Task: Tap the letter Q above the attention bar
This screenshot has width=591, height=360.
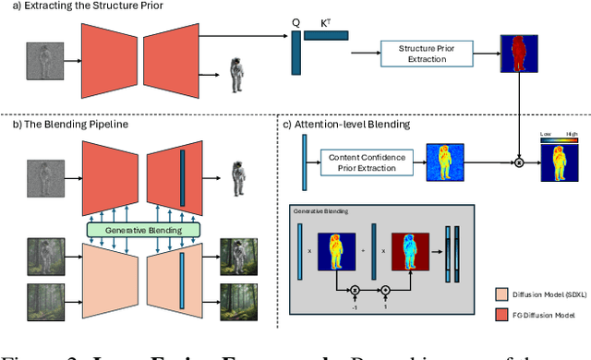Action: click(x=295, y=19)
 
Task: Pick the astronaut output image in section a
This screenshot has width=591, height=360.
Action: click(x=237, y=70)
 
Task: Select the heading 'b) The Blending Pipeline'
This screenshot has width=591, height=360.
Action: click(x=59, y=124)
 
